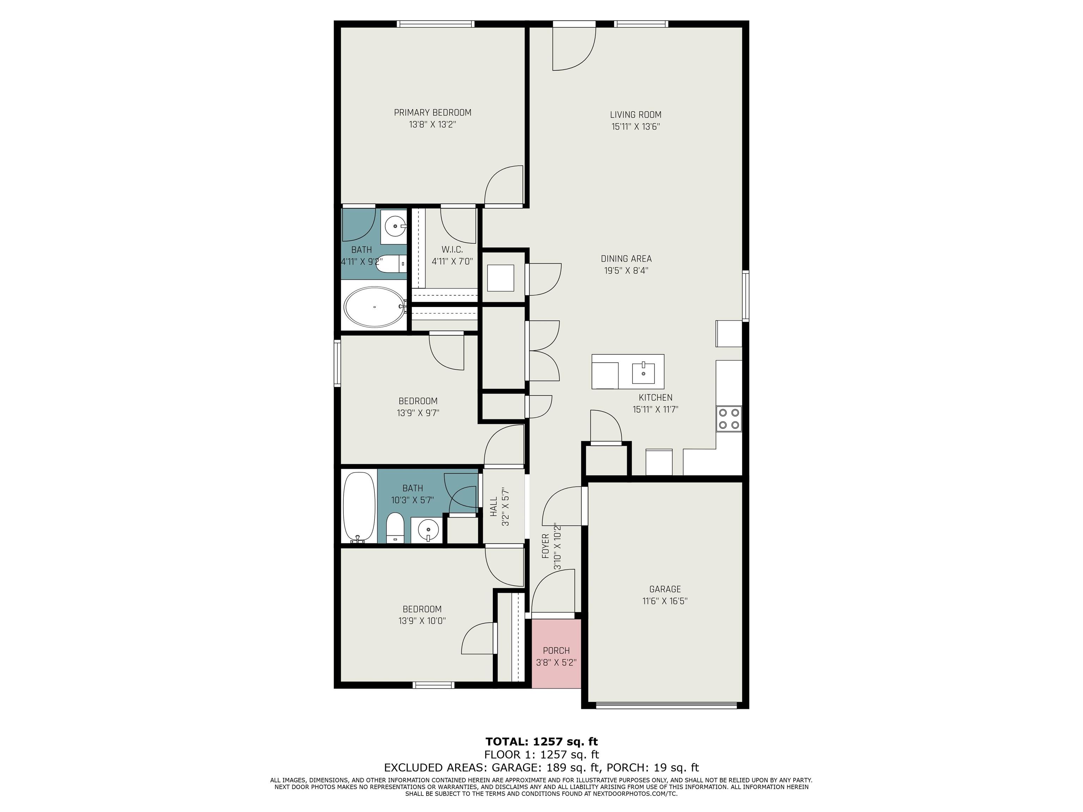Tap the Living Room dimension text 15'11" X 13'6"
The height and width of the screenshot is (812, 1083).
pyautogui.click(x=636, y=127)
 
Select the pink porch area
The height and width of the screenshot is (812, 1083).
pyautogui.click(x=556, y=653)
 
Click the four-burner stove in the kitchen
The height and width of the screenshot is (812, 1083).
pyautogui.click(x=729, y=418)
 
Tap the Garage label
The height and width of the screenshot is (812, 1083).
pyautogui.click(x=665, y=589)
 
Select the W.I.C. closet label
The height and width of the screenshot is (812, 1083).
pyautogui.click(x=452, y=250)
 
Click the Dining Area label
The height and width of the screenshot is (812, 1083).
pyautogui.click(x=626, y=259)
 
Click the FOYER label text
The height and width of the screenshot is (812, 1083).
pyautogui.click(x=545, y=546)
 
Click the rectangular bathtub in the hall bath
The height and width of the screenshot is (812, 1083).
pyautogui.click(x=359, y=506)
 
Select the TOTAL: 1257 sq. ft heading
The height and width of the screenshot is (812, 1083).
pyautogui.click(x=541, y=742)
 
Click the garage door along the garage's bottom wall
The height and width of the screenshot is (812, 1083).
pyautogui.click(x=666, y=705)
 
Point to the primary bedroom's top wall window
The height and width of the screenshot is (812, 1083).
pyautogui.click(x=435, y=24)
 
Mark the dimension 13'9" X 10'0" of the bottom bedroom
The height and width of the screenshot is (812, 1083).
pyautogui.click(x=422, y=621)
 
